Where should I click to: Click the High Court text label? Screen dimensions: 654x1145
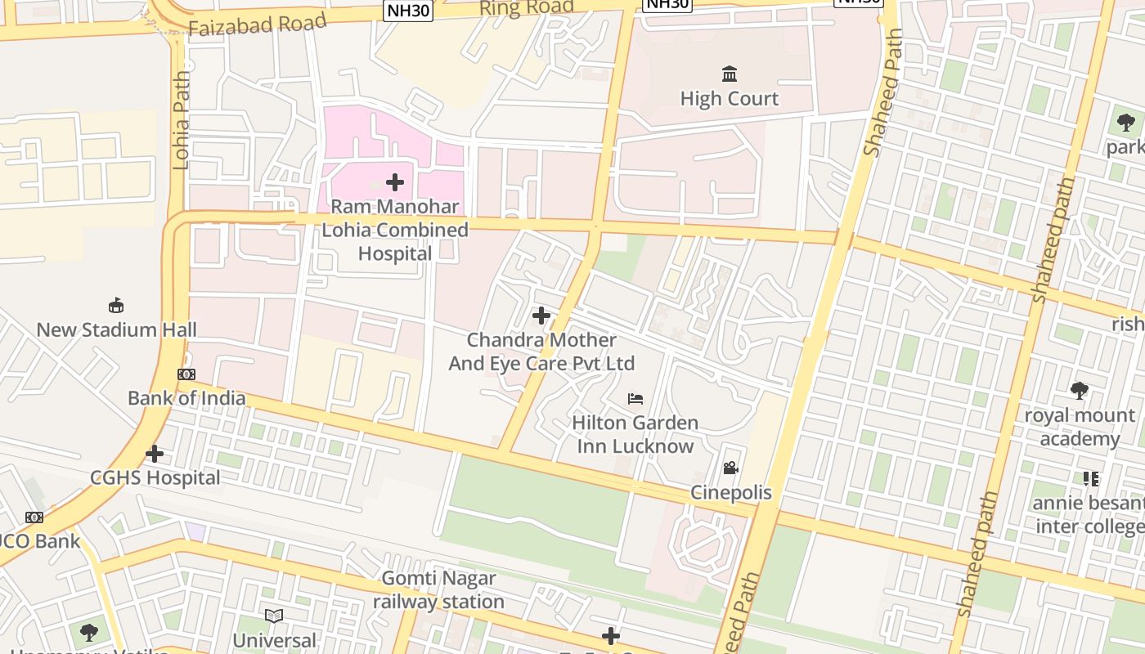pos(730,99)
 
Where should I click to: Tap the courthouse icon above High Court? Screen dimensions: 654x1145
pos(730,74)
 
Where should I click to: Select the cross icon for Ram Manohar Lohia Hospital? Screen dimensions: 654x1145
pos(395,181)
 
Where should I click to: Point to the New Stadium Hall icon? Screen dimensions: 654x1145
pos(116,306)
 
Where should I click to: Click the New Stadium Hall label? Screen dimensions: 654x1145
pos(116,330)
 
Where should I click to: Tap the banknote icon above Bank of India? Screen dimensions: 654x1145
pos(186,374)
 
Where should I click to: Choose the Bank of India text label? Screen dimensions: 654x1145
pos(186,398)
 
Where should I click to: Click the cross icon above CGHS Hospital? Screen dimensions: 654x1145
pos(155,454)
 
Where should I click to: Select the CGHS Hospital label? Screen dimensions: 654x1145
pos(155,477)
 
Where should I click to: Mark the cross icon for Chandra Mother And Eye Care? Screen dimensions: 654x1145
pos(541,316)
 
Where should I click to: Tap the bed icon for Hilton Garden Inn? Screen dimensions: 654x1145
pos(635,399)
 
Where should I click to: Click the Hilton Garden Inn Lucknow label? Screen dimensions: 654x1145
pos(635,434)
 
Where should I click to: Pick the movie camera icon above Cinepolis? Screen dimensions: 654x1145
pos(730,468)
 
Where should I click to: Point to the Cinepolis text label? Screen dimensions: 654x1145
pos(731,493)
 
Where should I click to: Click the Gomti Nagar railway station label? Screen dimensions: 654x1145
pos(439,590)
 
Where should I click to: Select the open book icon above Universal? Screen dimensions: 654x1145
pos(274,616)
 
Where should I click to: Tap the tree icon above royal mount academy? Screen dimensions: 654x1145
pos(1080,391)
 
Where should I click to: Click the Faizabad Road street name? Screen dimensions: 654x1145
pos(258,25)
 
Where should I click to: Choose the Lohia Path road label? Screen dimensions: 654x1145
pos(181,120)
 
